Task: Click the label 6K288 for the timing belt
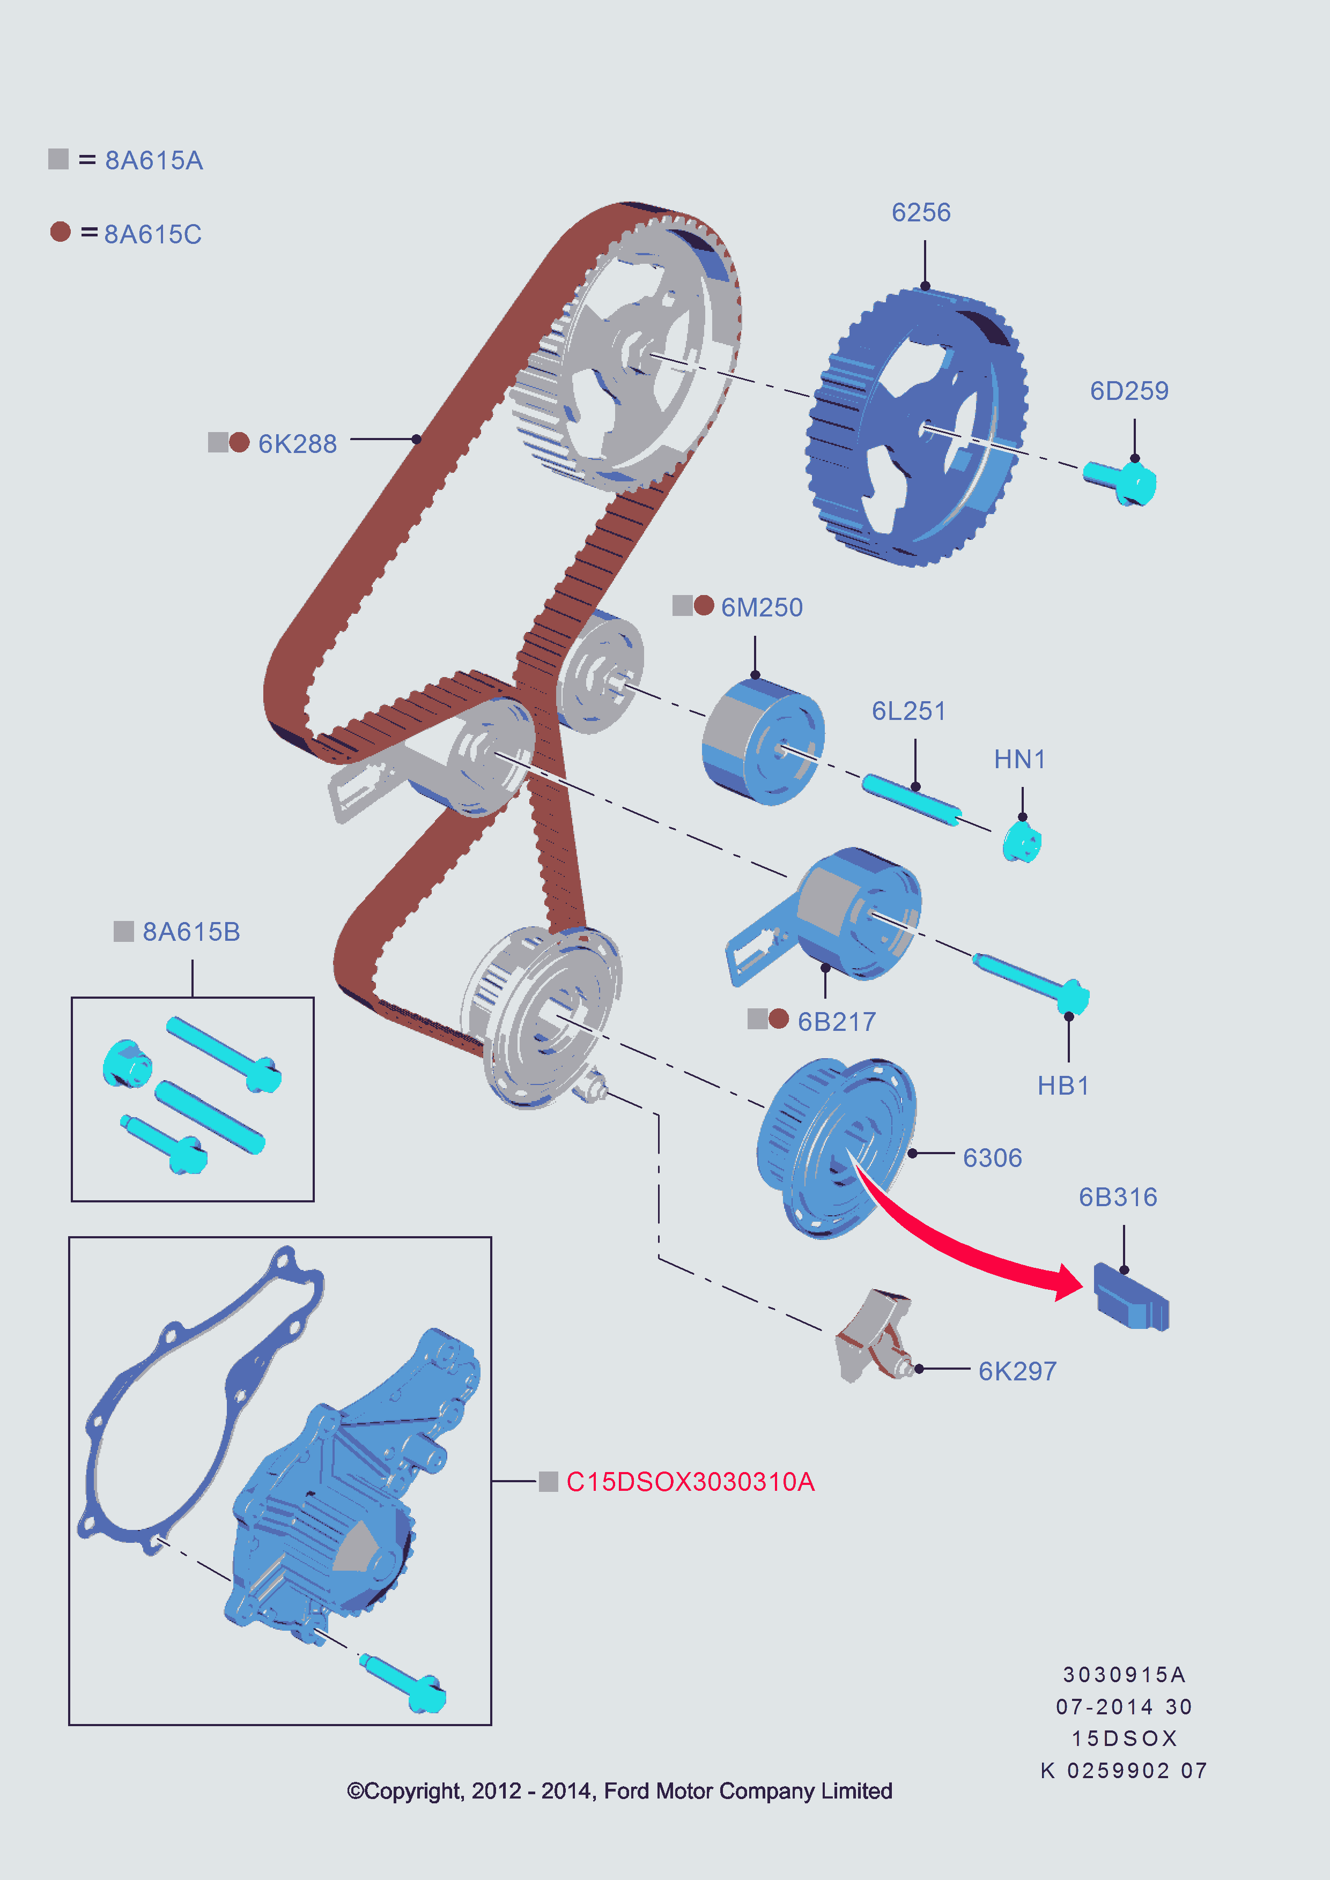point(297,444)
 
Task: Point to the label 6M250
point(761,607)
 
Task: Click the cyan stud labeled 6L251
point(911,800)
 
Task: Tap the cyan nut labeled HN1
point(1021,842)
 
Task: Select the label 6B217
point(836,1022)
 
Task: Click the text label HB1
point(1063,1086)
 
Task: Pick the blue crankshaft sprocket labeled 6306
point(836,1146)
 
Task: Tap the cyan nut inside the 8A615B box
point(127,1064)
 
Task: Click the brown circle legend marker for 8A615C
point(60,232)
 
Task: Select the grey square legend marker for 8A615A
point(58,159)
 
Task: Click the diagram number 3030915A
point(1124,1675)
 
